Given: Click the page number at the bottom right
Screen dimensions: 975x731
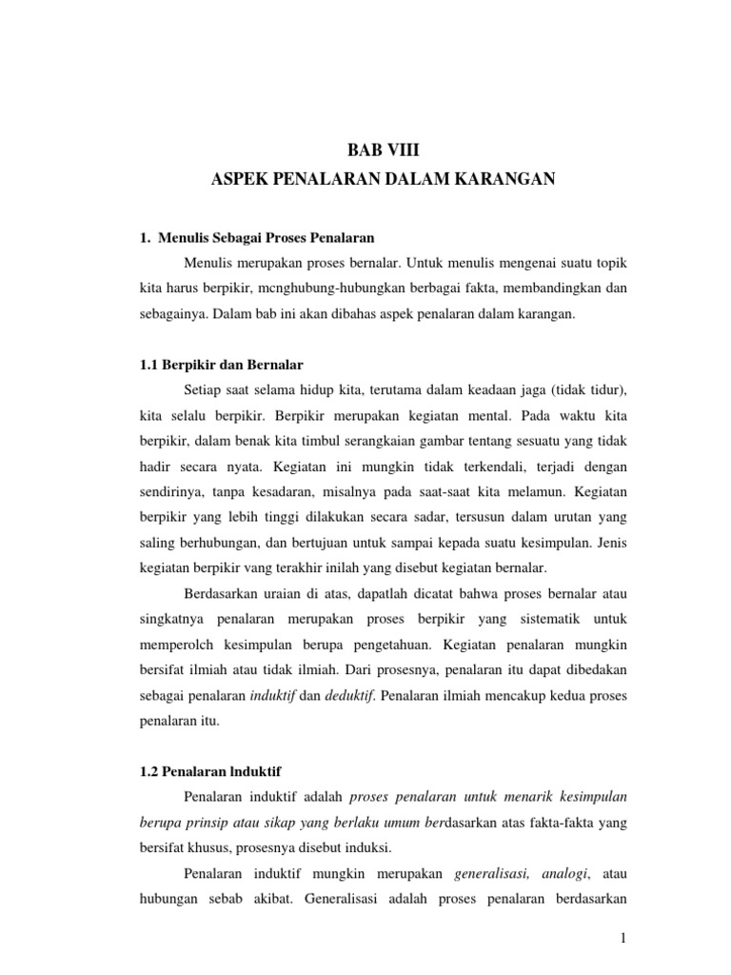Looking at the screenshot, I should (x=621, y=939).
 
